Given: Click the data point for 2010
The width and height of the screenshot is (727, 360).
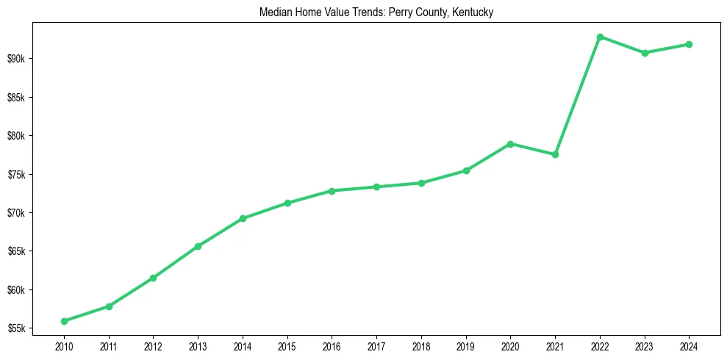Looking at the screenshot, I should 64,321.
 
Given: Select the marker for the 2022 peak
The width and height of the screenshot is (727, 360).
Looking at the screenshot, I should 600,37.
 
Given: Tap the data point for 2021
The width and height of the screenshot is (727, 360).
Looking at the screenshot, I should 555,154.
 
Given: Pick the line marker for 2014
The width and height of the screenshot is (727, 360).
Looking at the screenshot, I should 243,218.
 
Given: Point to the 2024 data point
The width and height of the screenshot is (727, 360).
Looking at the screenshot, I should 689,44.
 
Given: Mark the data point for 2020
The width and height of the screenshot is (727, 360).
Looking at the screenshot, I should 510,144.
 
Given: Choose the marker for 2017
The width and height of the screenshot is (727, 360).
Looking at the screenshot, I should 376,187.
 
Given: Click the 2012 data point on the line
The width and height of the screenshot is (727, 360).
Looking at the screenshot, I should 153,278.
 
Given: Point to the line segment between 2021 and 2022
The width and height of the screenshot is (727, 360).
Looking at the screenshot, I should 578,96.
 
